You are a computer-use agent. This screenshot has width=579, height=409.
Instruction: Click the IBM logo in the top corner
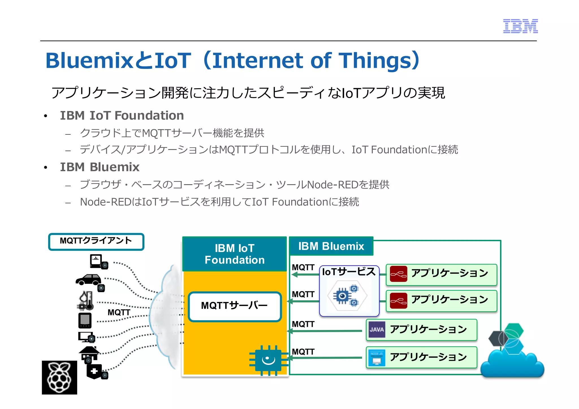click(520, 26)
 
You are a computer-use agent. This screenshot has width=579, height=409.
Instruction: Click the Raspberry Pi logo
click(59, 377)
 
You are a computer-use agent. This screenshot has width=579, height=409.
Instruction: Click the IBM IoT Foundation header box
click(234, 254)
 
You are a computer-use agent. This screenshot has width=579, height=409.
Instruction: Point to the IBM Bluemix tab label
click(331, 246)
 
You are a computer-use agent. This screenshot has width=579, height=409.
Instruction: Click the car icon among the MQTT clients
click(88, 280)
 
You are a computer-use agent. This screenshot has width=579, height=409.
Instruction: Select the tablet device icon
click(85, 320)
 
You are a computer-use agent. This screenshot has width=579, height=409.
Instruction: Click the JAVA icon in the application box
click(377, 329)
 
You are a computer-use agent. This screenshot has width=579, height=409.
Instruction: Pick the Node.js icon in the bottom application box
click(377, 357)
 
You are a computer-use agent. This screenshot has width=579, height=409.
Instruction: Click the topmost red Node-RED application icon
click(398, 274)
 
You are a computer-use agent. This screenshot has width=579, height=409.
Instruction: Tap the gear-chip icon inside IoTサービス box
click(347, 296)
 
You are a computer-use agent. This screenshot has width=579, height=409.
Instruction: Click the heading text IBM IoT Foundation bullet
click(122, 116)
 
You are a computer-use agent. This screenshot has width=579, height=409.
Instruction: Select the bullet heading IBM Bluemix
click(100, 167)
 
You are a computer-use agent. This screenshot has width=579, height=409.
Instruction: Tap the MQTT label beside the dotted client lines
click(119, 312)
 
